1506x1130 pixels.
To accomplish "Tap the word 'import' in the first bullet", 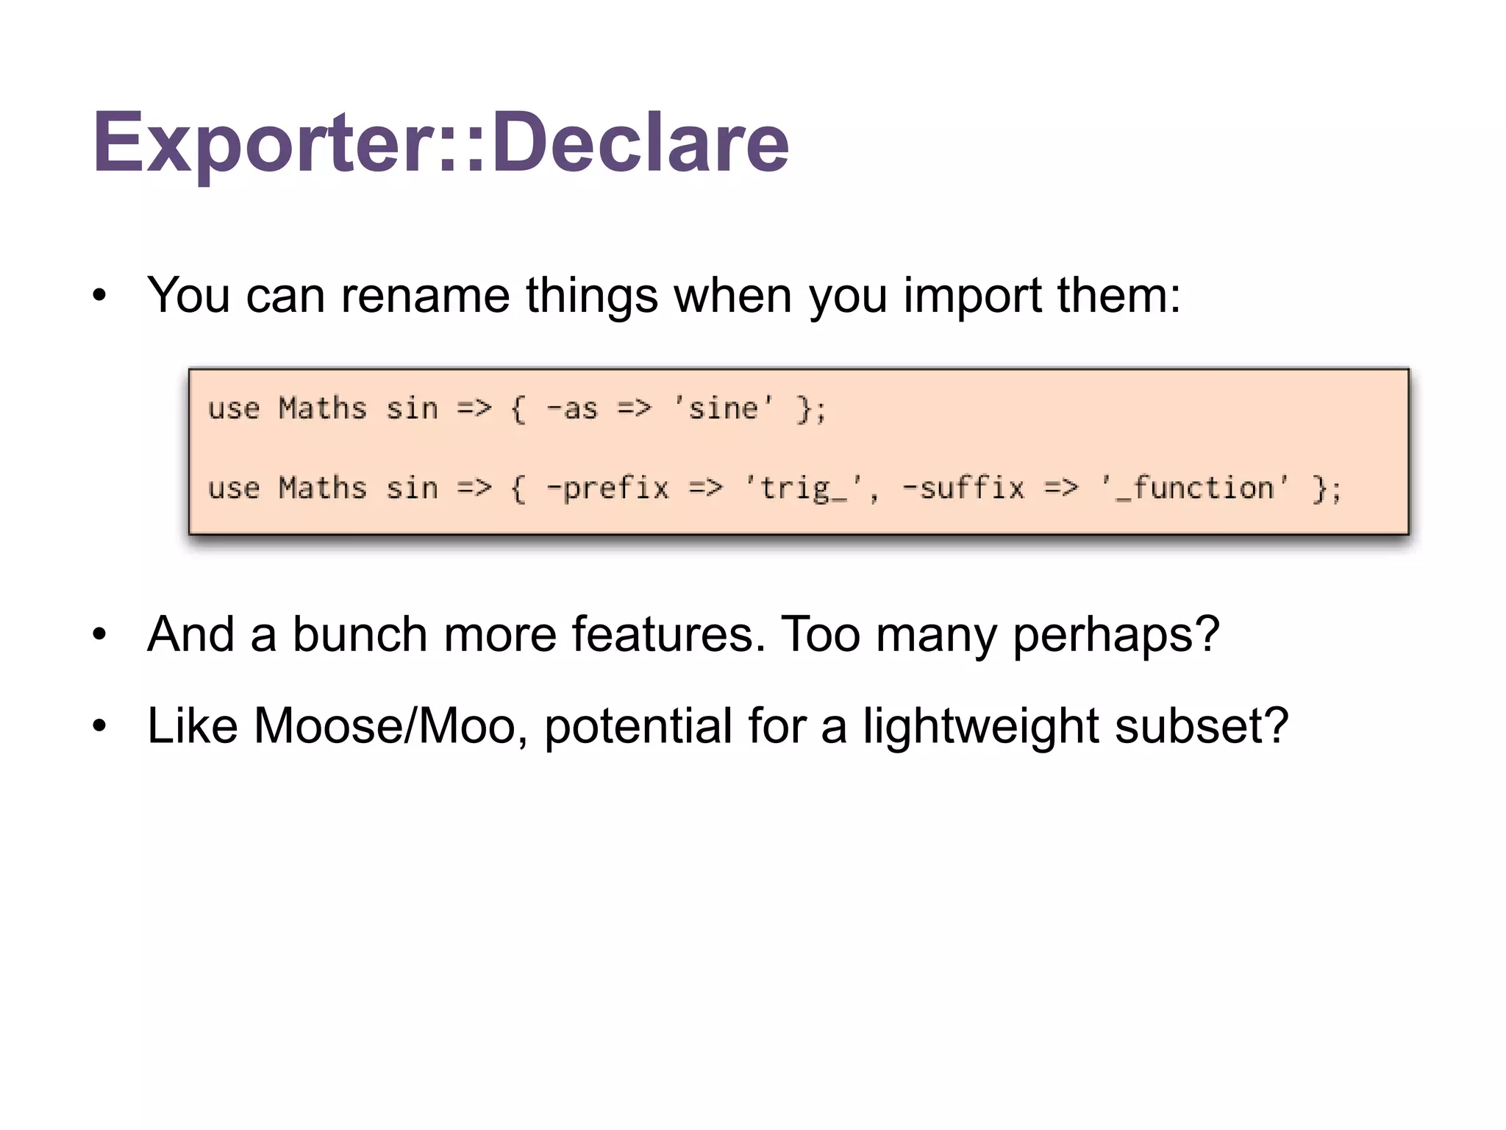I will tap(971, 295).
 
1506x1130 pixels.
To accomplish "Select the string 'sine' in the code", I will tap(724, 408).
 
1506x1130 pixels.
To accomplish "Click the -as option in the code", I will tap(572, 408).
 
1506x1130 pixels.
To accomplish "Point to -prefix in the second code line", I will tap(607, 488).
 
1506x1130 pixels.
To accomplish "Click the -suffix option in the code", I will tap(963, 488).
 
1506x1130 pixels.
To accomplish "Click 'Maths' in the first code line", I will tap(322, 408).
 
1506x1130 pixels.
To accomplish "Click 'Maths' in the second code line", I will tap(322, 488).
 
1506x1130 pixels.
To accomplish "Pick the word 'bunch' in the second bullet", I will tap(360, 633).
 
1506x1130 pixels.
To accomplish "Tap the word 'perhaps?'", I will tap(1116, 633).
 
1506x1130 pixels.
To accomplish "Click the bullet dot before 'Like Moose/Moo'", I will tap(100, 726).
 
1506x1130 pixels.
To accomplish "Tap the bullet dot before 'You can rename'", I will tap(100, 296).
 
